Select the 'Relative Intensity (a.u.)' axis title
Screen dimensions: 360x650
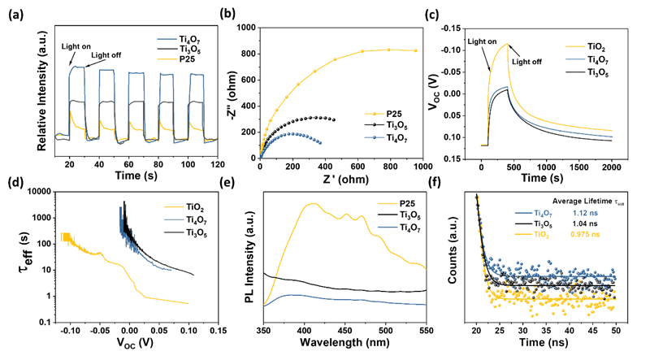coord(28,85)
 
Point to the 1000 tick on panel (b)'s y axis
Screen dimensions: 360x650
coord(247,27)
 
